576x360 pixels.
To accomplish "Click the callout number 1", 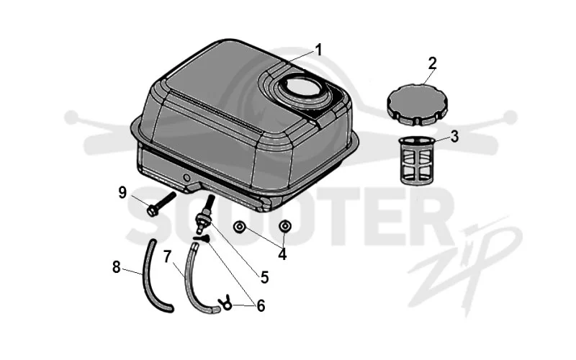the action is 318,50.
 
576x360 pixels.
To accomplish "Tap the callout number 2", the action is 433,63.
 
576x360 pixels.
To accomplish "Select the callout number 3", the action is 454,137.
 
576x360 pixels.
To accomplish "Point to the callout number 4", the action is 282,254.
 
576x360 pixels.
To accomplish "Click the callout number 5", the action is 264,277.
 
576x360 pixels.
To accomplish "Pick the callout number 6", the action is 261,305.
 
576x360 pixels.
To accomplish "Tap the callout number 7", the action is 167,256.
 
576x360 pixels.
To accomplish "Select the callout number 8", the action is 116,267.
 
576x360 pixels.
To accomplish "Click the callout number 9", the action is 122,192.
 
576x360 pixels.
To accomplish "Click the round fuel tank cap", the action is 418,104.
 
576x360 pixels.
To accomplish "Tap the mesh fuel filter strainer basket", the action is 418,160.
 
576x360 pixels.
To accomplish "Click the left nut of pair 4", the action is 240,227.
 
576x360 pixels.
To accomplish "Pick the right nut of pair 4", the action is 284,227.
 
